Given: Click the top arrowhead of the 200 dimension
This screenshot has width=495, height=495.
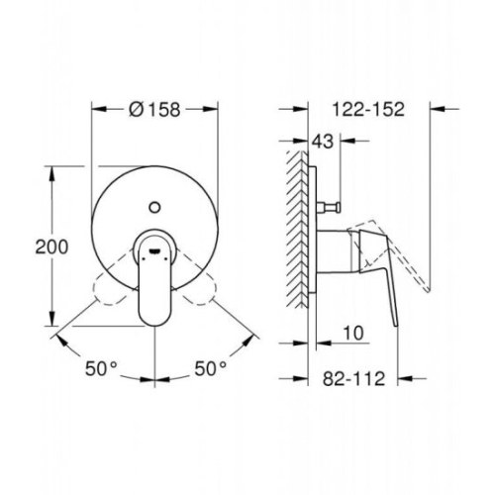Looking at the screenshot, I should (x=49, y=174).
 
